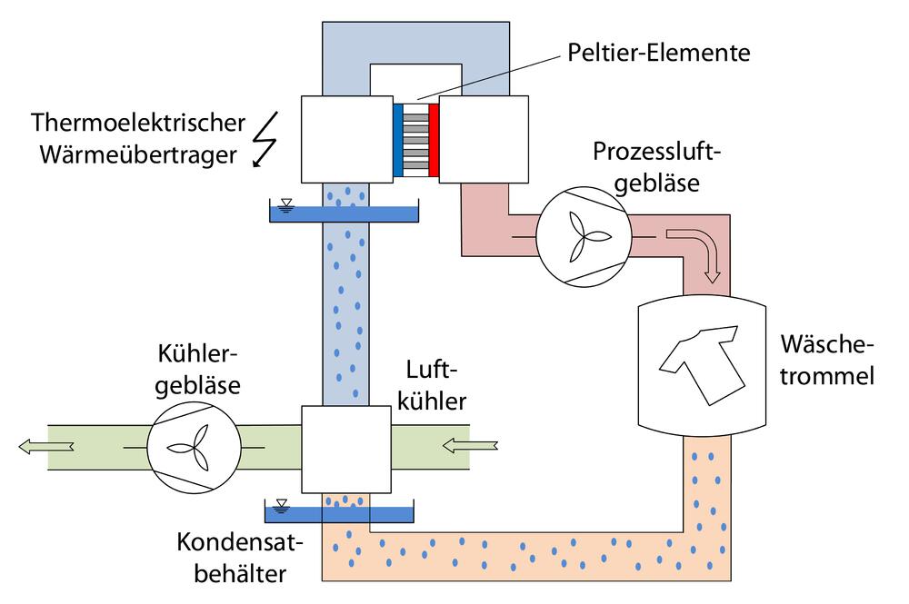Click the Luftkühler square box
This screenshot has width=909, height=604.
coord(345,449)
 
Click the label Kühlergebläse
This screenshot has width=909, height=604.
coord(198,370)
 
